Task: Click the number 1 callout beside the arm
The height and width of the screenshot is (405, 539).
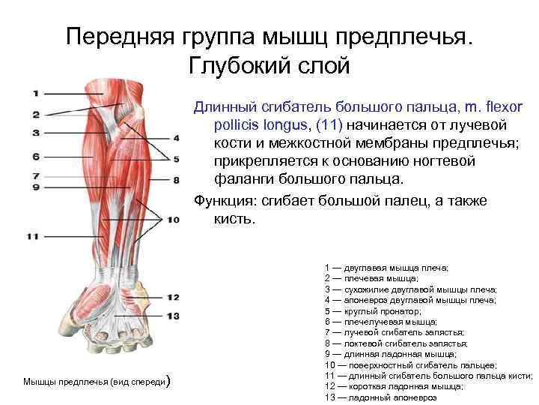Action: click(x=35, y=93)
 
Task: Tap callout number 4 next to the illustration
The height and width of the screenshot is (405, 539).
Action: click(x=176, y=138)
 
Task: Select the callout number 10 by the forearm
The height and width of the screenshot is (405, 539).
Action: click(x=174, y=220)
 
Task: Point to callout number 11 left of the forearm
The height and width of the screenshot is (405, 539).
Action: click(x=32, y=236)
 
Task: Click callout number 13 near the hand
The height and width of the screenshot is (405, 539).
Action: click(x=172, y=316)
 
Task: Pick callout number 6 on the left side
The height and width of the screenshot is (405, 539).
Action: click(x=35, y=157)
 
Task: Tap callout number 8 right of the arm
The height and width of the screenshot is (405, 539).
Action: click(x=176, y=180)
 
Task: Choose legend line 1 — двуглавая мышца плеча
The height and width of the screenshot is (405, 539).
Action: click(x=386, y=267)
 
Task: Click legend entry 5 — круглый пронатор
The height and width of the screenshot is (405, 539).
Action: click(x=373, y=310)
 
